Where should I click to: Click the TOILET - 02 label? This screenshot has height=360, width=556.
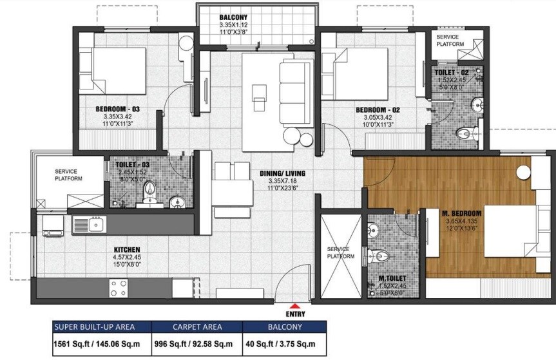454,72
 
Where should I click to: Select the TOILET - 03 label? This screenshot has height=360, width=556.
131,165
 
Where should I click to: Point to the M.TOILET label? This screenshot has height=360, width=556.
392,278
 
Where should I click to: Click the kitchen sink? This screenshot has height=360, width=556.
90,225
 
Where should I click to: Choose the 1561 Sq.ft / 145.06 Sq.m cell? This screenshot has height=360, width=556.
101,343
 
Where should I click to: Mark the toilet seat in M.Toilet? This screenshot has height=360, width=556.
381,256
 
